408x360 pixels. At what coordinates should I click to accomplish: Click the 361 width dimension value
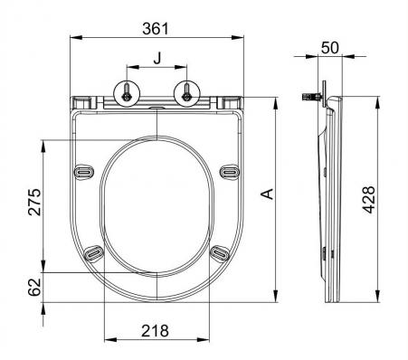[x=156, y=29]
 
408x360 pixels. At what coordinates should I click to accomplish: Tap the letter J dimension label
[x=157, y=58]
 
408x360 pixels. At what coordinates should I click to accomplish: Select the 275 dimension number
[x=34, y=202]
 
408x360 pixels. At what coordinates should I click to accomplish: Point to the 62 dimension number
[x=34, y=287]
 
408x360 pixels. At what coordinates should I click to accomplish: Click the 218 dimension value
[x=155, y=331]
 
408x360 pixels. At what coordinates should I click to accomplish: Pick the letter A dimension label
[x=267, y=194]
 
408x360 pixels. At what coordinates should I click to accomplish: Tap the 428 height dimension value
[x=368, y=200]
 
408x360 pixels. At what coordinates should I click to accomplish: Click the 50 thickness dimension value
[x=330, y=48]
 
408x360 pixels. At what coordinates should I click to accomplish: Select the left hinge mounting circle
[x=127, y=93]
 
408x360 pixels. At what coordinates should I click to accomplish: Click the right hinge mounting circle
[x=187, y=93]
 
